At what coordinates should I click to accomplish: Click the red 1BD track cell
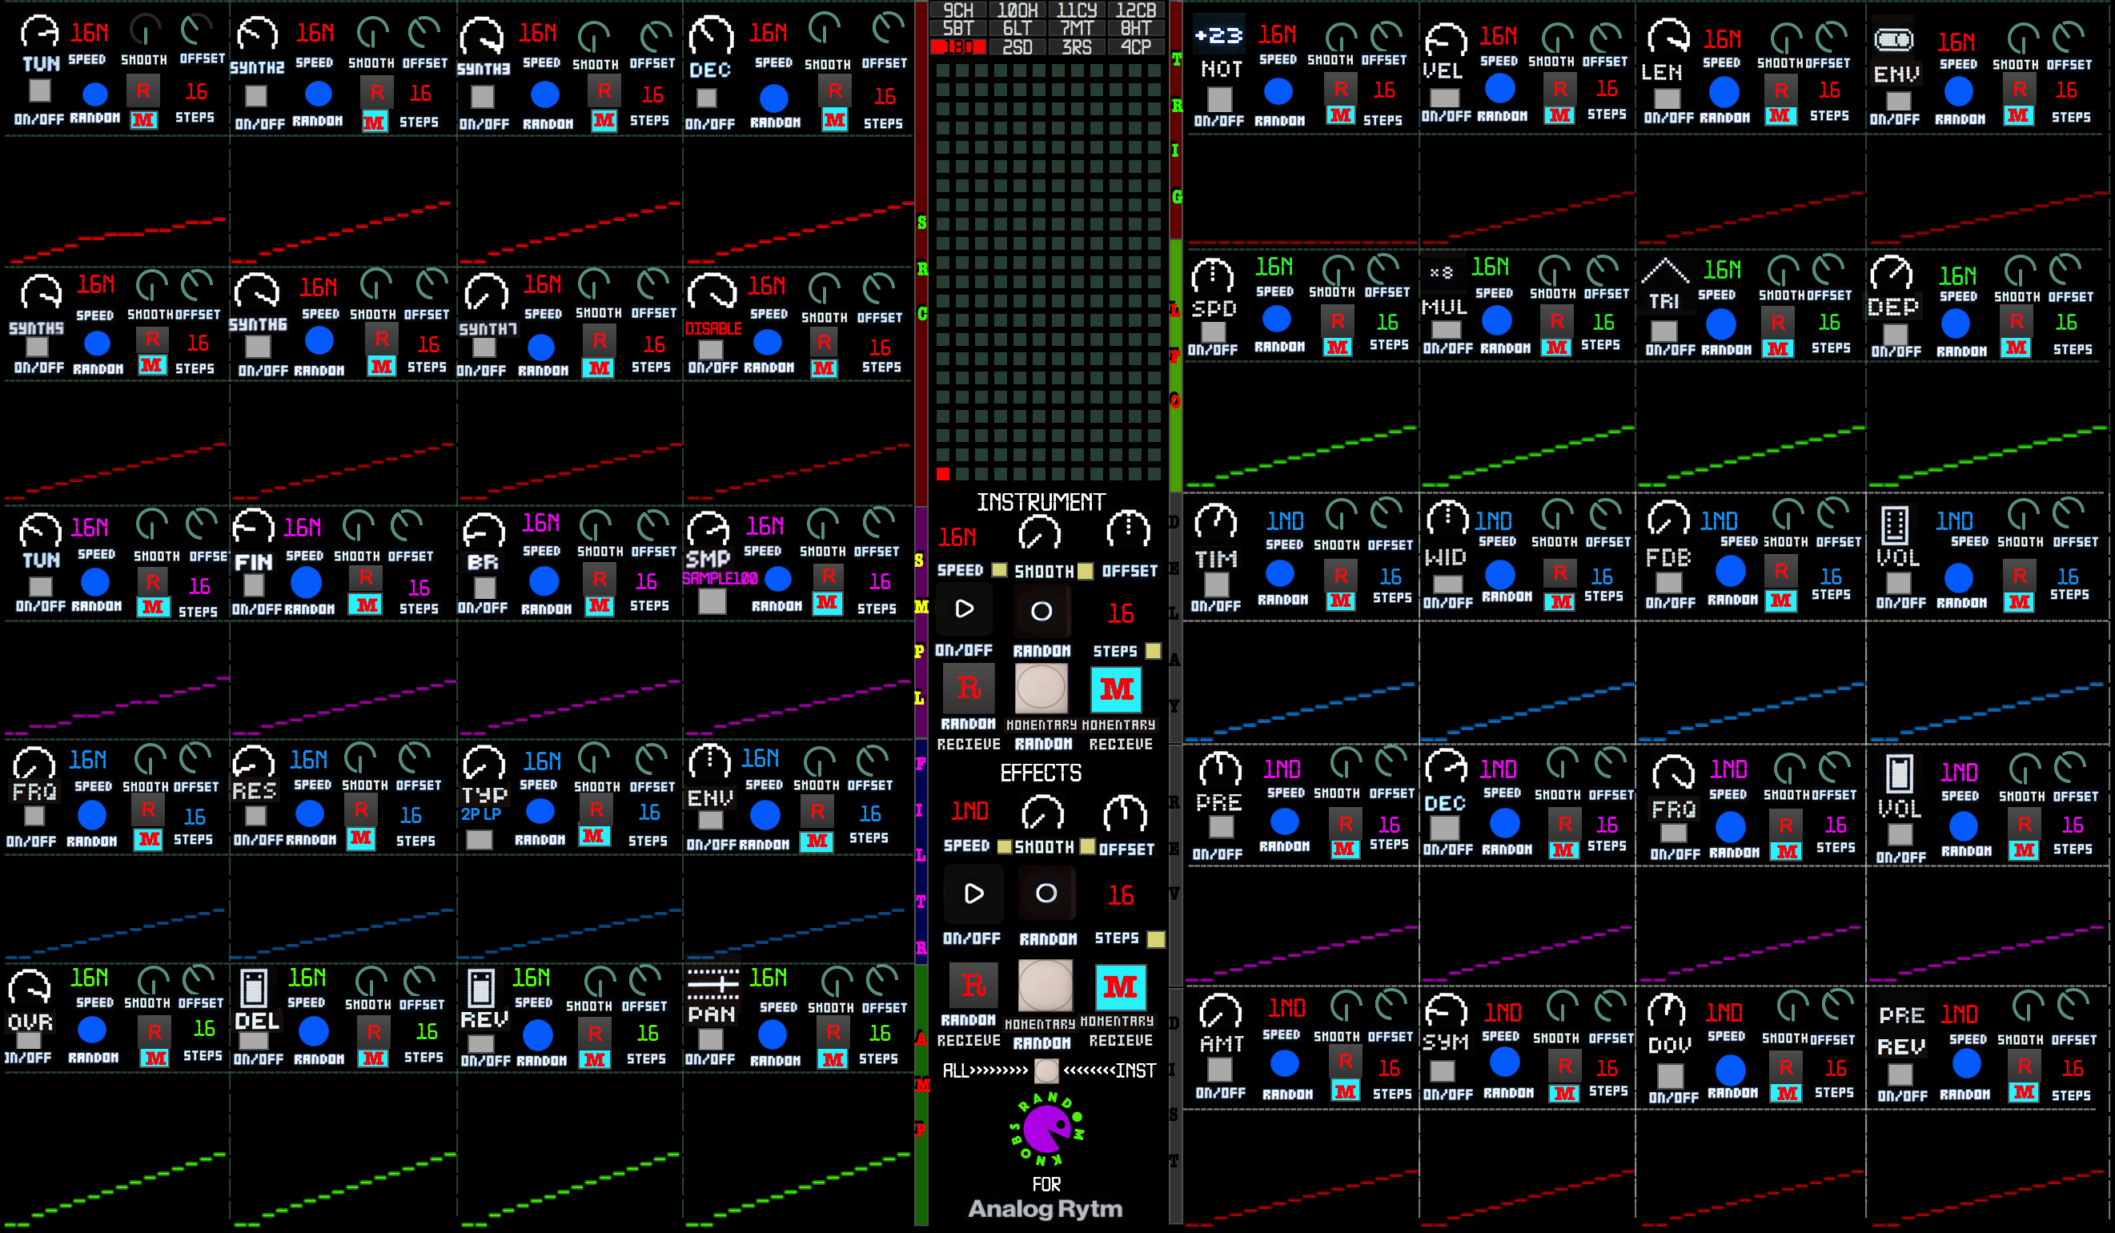click(957, 47)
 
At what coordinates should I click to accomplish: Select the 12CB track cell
click(1136, 10)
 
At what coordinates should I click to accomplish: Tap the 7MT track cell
click(1077, 29)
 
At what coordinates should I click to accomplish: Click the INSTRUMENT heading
click(1041, 502)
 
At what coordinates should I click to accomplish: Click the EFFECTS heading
click(1041, 772)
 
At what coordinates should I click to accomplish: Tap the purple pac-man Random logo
click(1046, 1129)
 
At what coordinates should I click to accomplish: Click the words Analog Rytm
click(1045, 1209)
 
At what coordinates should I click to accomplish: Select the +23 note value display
click(1218, 35)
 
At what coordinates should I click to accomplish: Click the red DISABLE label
click(713, 328)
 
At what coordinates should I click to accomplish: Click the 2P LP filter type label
click(481, 813)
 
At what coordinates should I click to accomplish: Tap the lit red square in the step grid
click(942, 474)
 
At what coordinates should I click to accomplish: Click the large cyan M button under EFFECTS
click(1120, 986)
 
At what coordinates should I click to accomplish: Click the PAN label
click(711, 1014)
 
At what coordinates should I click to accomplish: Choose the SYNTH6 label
click(258, 324)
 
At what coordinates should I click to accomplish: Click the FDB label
click(1668, 557)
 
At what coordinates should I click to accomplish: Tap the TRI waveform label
click(1664, 300)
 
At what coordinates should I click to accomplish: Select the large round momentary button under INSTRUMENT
click(1041, 689)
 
